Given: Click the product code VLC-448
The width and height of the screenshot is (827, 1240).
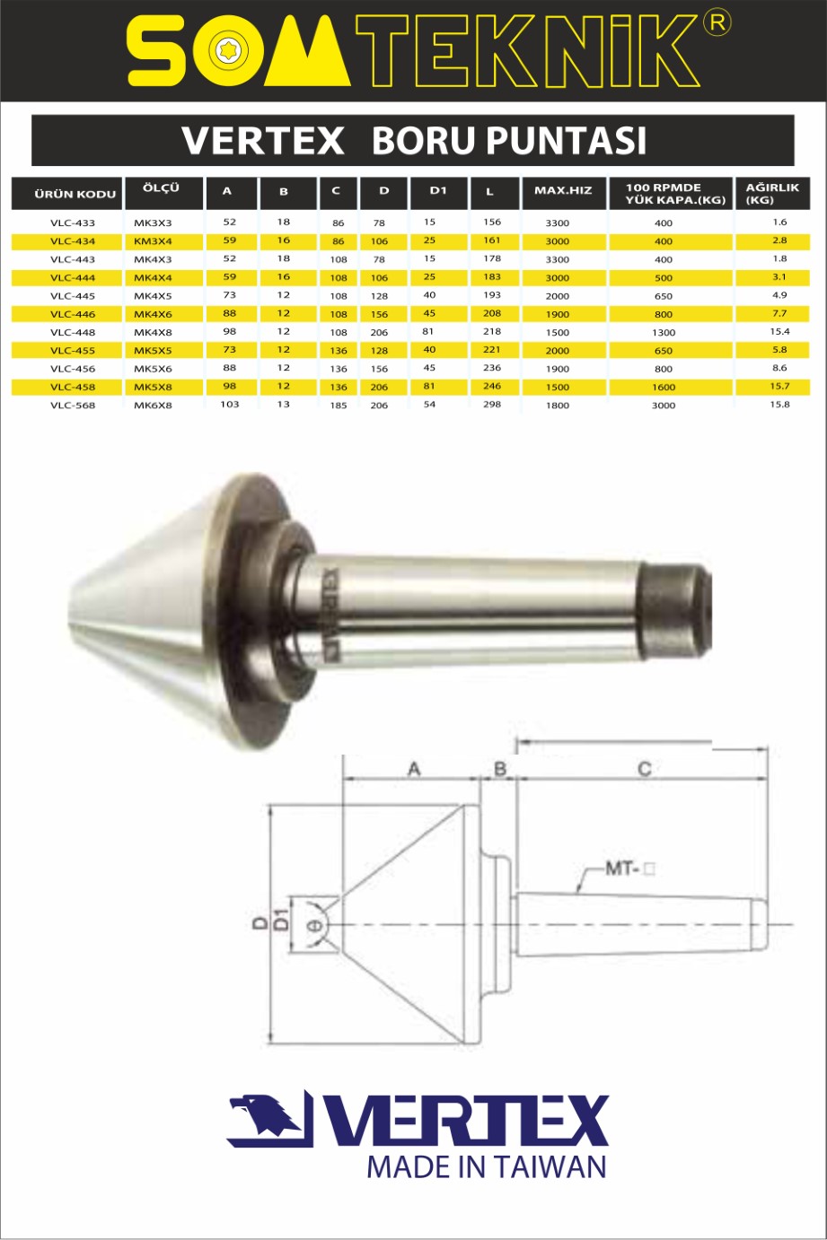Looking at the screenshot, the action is [x=73, y=332].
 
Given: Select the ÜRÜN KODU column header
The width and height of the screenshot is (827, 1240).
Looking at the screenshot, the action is [x=75, y=194].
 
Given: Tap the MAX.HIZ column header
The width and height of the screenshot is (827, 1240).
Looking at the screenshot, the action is [x=563, y=190].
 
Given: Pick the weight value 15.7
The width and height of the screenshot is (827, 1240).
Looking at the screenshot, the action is [x=779, y=386].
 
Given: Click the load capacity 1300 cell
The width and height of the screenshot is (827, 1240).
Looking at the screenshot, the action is [x=663, y=332].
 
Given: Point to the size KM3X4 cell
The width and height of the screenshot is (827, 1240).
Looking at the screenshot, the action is [x=153, y=240].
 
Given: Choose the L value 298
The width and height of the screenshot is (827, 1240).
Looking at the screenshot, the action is [x=492, y=404].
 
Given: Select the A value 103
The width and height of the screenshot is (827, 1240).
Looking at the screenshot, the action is [x=229, y=404].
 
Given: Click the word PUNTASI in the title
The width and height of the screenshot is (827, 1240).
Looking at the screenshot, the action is [x=566, y=141].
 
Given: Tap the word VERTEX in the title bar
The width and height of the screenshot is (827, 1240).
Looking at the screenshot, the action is [x=263, y=141].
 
